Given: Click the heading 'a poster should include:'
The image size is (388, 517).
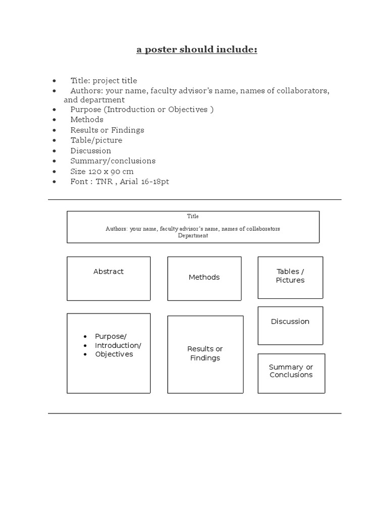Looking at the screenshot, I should pyautogui.click(x=197, y=50).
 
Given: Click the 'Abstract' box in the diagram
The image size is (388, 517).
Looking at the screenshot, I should pyautogui.click(x=109, y=278).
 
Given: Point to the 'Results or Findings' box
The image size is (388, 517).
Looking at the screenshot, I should pyautogui.click(x=205, y=354).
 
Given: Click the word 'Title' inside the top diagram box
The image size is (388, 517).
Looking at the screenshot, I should pyautogui.click(x=193, y=216).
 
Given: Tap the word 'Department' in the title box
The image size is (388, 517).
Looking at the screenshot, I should pyautogui.click(x=193, y=236).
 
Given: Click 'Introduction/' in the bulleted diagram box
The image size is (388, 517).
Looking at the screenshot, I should pyautogui.click(x=118, y=345).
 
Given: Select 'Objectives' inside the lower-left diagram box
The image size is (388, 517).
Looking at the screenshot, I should pyautogui.click(x=114, y=354).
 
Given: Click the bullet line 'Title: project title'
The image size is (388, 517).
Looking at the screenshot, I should pyautogui.click(x=104, y=81).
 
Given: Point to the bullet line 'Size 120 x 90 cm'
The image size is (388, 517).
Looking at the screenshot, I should pyautogui.click(x=102, y=171).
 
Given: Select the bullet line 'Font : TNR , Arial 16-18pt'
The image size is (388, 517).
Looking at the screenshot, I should pyautogui.click(x=120, y=181).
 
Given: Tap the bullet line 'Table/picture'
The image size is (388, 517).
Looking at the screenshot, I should pyautogui.click(x=96, y=140).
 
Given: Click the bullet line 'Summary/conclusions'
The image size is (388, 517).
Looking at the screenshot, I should pyautogui.click(x=113, y=161).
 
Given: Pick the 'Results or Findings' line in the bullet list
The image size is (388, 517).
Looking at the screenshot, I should pyautogui.click(x=107, y=130).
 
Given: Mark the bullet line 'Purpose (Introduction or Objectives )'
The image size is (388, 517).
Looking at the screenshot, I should pyautogui.click(x=142, y=110).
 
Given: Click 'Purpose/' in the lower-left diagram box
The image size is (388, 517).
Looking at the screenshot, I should pyautogui.click(x=111, y=336).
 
